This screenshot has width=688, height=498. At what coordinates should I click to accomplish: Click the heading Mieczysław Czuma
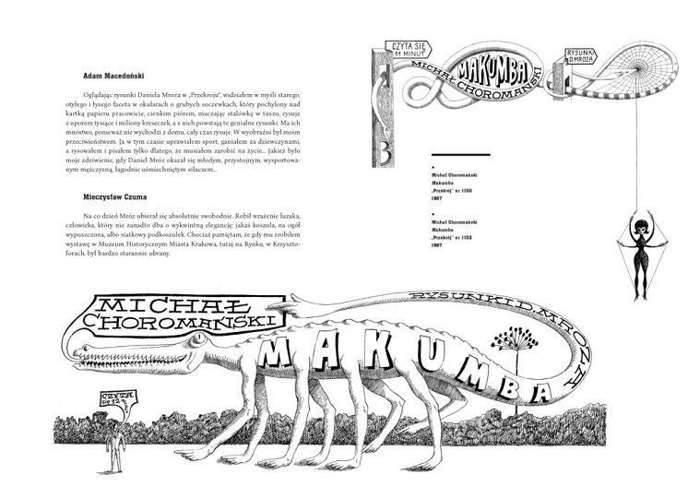[109, 196]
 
